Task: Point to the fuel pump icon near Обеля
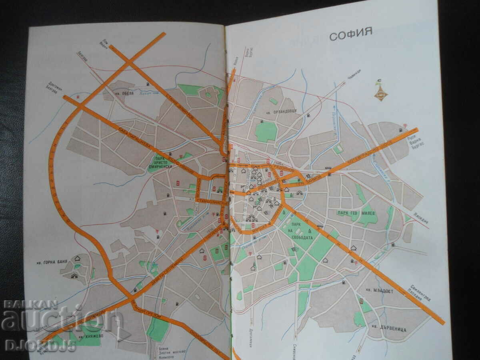148,84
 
